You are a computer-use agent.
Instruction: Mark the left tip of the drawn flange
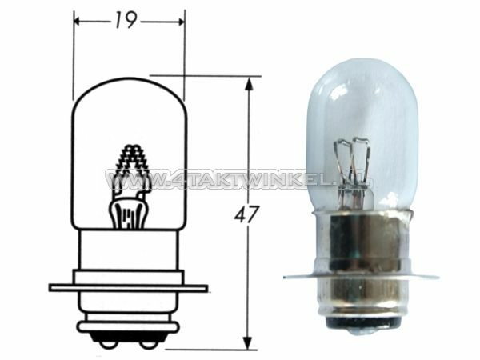point(51,286)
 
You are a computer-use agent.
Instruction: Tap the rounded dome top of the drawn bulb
point(129,83)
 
